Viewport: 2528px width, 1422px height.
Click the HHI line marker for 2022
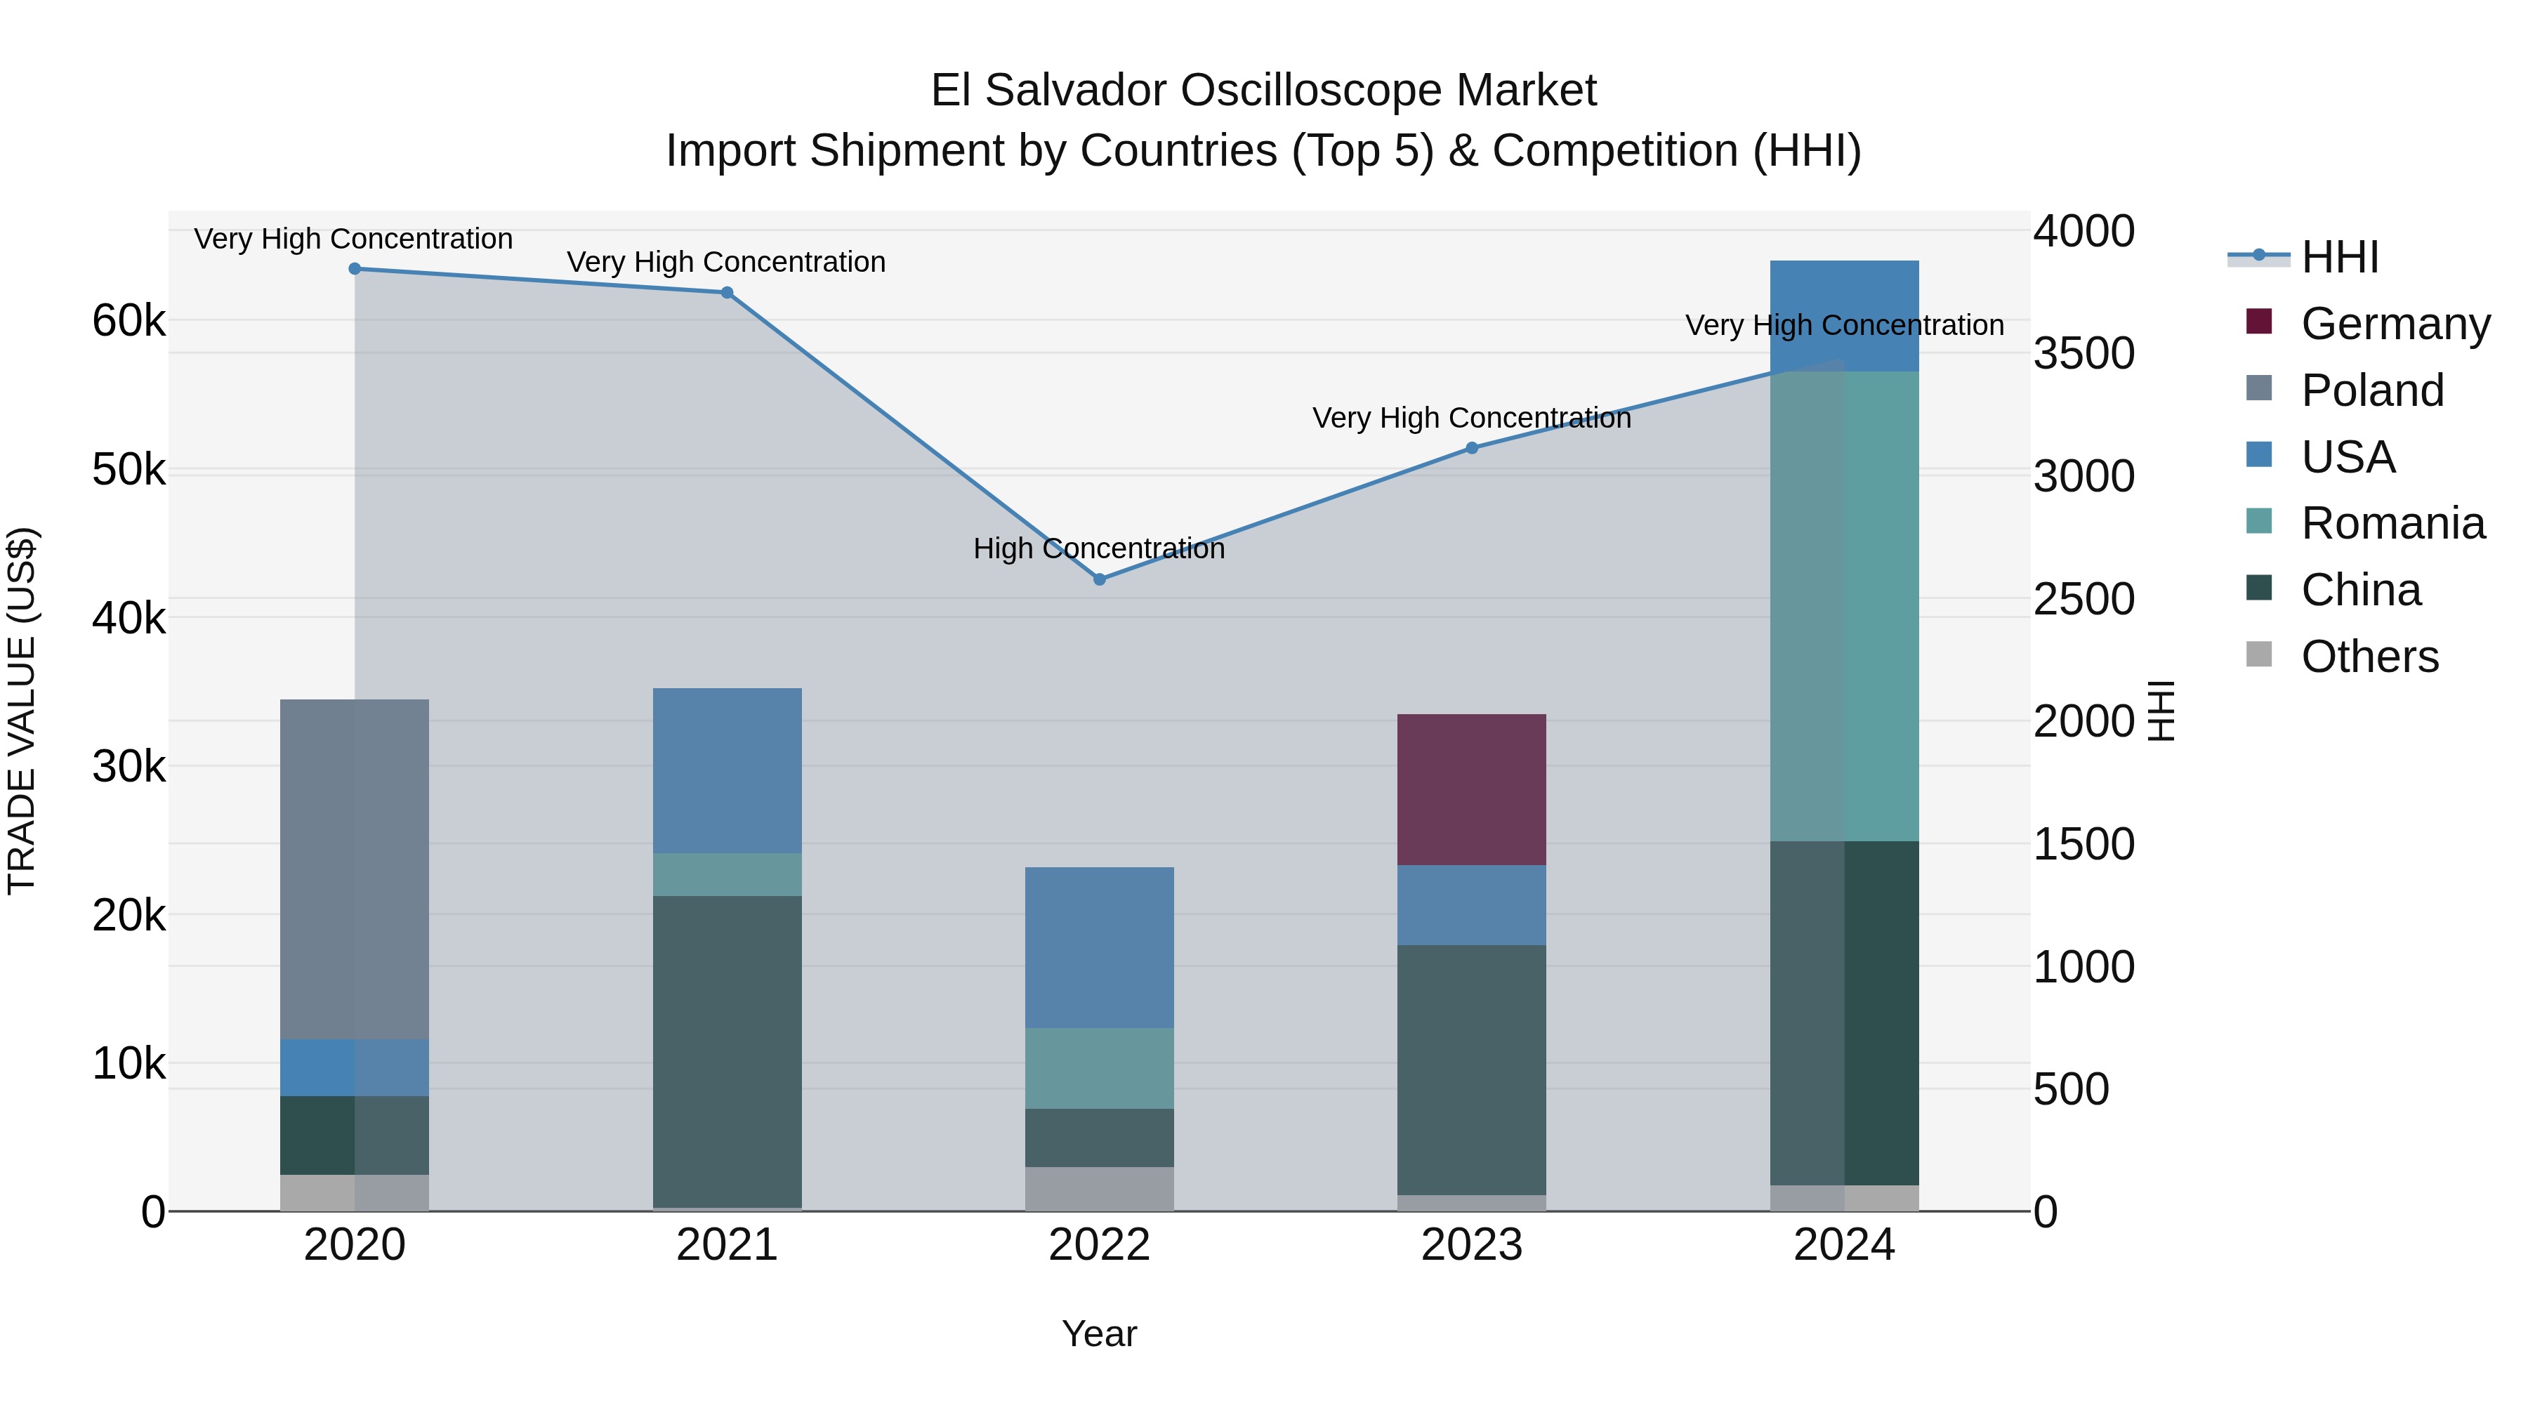[1099, 580]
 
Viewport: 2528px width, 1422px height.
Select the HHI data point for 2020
[355, 269]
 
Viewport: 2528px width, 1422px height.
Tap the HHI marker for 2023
[1472, 449]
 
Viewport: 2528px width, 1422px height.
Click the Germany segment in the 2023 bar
[1472, 790]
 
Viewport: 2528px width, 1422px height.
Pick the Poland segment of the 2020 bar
[355, 869]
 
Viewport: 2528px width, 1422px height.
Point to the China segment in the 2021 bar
[728, 1050]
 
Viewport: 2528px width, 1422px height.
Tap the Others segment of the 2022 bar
[1099, 1188]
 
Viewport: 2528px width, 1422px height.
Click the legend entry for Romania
[2392, 523]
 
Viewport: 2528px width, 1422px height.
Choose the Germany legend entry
[2395, 323]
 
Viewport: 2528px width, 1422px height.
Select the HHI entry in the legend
[2338, 257]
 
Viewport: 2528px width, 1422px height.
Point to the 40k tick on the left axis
[129, 618]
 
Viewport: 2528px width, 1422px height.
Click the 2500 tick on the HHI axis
[2083, 598]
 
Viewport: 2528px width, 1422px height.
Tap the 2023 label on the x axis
[1472, 1245]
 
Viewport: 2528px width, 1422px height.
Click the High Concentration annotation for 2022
[1099, 548]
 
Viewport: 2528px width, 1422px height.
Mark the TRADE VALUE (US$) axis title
[22, 711]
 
